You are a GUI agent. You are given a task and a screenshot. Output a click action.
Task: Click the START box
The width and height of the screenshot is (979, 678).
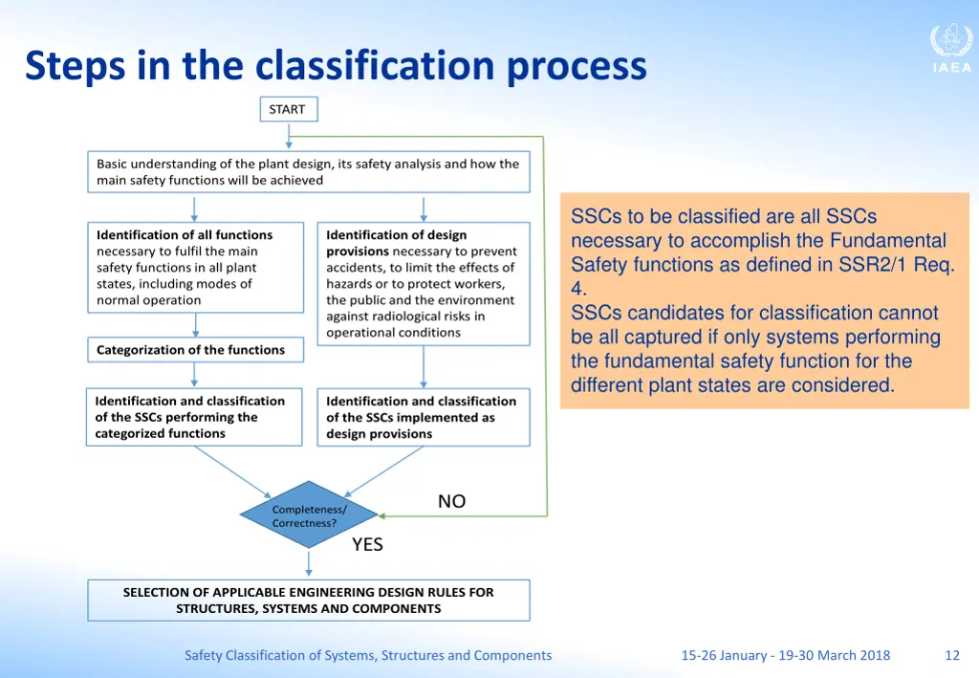[x=288, y=110]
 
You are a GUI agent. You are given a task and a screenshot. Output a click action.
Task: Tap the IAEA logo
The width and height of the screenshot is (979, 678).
[x=950, y=49]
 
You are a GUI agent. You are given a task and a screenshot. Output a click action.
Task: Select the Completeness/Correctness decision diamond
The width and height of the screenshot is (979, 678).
[x=309, y=516]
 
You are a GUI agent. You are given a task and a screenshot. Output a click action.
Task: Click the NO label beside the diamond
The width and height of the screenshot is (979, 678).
[x=451, y=501]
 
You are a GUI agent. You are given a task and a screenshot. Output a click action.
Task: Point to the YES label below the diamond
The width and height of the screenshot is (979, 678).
[x=367, y=544]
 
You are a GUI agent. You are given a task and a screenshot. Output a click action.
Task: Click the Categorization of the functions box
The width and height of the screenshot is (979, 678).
[x=195, y=350]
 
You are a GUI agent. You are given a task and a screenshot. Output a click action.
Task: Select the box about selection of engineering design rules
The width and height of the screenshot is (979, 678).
[x=308, y=601]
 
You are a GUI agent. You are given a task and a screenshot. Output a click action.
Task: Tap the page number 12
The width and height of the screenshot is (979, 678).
[x=951, y=655]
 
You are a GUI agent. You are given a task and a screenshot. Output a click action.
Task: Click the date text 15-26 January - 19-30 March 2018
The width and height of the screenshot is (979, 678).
[x=785, y=655]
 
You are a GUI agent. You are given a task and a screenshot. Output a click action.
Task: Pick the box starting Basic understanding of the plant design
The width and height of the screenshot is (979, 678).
[x=308, y=172]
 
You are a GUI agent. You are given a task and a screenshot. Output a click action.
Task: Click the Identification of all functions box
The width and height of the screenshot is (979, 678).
[x=195, y=267]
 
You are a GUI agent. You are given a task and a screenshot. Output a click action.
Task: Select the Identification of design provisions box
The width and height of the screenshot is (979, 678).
[x=423, y=284]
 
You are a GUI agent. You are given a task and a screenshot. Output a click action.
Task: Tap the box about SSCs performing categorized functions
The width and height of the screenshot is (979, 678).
[x=195, y=417]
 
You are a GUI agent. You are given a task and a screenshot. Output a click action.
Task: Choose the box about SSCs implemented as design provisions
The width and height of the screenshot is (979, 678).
[x=423, y=417]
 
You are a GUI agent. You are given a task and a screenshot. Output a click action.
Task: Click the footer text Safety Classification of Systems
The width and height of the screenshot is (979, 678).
[x=368, y=655]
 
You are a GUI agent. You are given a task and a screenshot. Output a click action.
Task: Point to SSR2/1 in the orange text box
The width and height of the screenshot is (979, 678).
[x=876, y=265]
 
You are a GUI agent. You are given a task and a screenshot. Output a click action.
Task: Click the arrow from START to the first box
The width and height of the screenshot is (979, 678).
[x=289, y=136]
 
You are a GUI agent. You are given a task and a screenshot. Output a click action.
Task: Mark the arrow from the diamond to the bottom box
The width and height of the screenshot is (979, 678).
[x=309, y=563]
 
